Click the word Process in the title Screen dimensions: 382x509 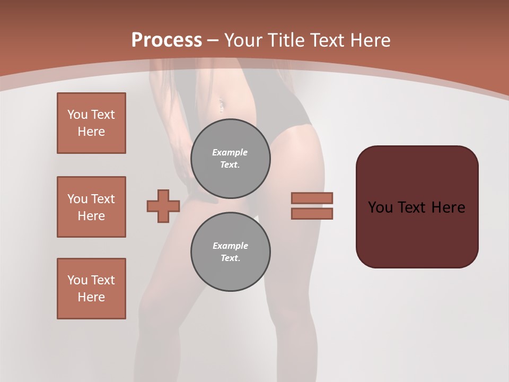point(166,40)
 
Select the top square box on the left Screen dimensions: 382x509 point(91,123)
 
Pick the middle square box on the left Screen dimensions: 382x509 point(91,207)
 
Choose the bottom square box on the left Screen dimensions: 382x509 point(91,289)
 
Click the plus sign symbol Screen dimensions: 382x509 point(163,206)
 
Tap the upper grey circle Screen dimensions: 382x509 point(231,158)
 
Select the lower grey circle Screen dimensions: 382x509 point(231,251)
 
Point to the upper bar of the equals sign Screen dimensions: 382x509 point(312,198)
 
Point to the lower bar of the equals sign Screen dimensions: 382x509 point(312,213)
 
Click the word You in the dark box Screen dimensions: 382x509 point(380,207)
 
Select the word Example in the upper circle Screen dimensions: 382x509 point(230,152)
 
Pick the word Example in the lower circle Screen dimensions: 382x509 point(230,246)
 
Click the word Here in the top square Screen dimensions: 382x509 point(91,132)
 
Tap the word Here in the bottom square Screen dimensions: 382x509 point(91,297)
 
